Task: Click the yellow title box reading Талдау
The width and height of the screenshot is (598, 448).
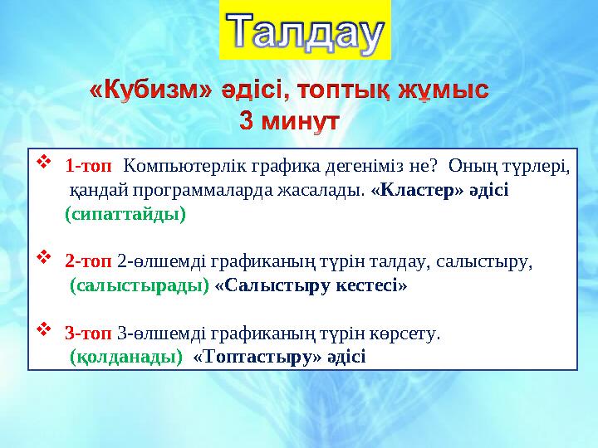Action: click(305, 31)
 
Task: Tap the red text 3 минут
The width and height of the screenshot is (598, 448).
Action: click(290, 120)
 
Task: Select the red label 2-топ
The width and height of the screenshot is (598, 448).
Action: click(88, 261)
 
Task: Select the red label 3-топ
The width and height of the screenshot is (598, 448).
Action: click(88, 334)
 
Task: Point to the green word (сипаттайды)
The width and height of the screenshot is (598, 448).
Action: click(125, 214)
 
